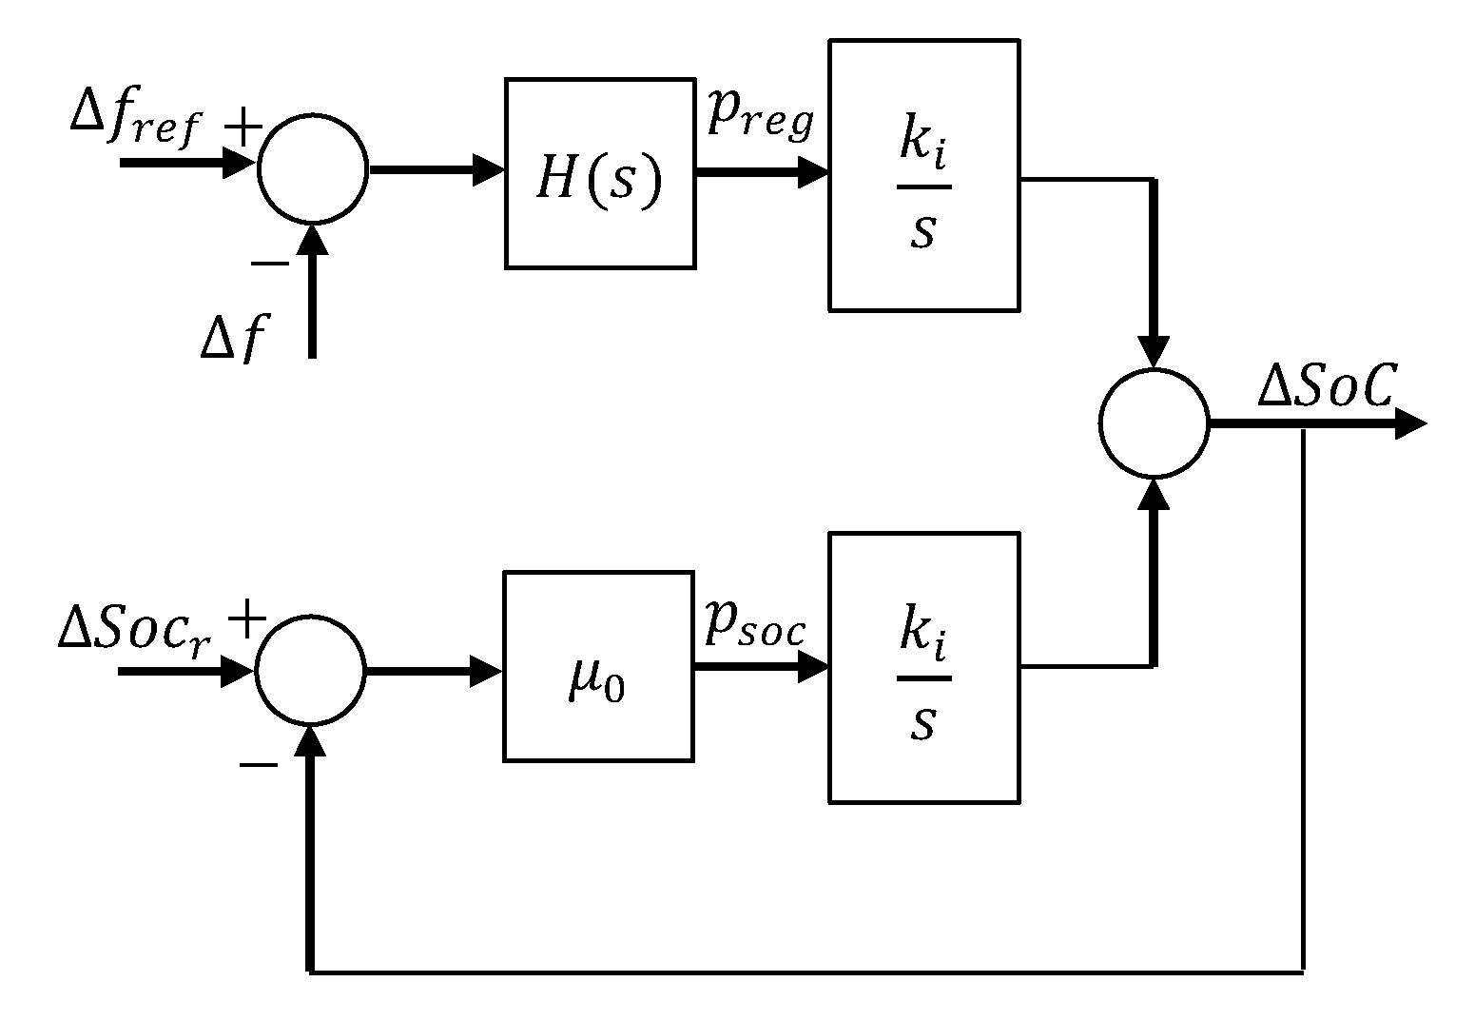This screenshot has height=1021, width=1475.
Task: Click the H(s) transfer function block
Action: click(598, 173)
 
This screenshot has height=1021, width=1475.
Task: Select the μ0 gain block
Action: click(597, 666)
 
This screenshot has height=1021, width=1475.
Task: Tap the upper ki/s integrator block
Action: click(923, 175)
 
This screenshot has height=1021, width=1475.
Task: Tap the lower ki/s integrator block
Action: click(923, 667)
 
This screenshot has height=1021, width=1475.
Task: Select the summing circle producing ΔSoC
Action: click(1154, 422)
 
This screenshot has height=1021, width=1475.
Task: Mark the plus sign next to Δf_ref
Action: click(243, 125)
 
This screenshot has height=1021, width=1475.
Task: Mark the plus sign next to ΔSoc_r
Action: click(246, 621)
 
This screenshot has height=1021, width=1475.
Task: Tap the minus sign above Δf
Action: click(269, 263)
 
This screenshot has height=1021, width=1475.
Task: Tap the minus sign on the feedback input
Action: click(259, 763)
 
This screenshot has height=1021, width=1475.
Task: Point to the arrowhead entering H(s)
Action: click(489, 171)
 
